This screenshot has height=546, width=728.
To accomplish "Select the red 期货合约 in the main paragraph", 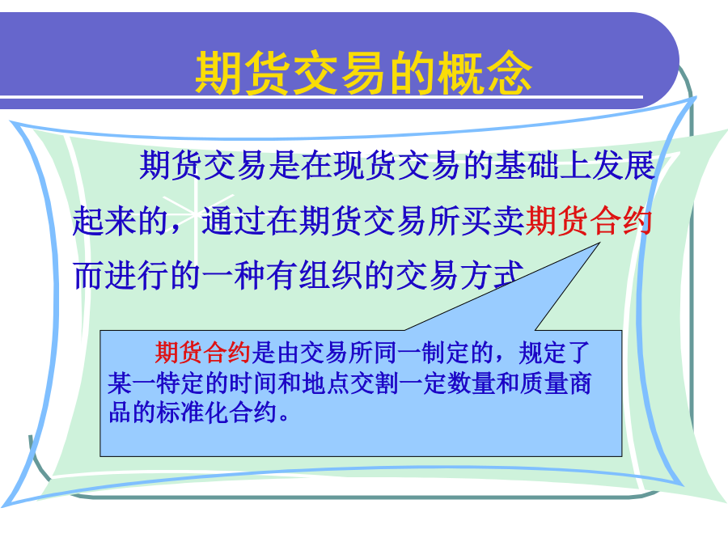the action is (589, 221).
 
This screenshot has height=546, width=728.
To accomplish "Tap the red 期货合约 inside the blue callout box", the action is (202, 353).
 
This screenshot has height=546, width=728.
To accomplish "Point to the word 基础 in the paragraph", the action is (526, 166).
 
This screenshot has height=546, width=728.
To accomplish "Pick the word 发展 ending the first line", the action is (623, 166).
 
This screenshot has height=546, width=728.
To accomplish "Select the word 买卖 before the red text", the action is (493, 221).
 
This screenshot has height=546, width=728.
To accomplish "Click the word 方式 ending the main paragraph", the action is (491, 275).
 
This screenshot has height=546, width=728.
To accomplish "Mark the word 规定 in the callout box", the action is (542, 353).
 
